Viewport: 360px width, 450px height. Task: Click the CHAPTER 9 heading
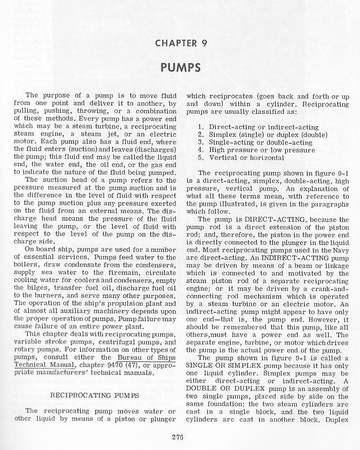tap(180, 43)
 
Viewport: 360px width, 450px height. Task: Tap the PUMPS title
tap(180, 68)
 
